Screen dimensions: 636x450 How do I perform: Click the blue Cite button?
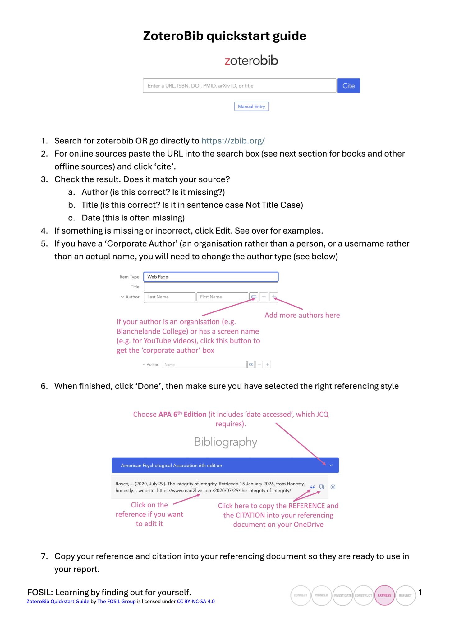pyautogui.click(x=348, y=86)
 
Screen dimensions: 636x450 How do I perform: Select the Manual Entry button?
pyautogui.click(x=251, y=107)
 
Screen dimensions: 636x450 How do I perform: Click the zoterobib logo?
pyautogui.click(x=251, y=60)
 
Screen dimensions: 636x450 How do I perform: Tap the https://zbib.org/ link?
pyautogui.click(x=233, y=141)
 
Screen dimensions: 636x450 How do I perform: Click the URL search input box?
pyautogui.click(x=239, y=86)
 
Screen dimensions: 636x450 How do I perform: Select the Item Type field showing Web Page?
pyautogui.click(x=211, y=277)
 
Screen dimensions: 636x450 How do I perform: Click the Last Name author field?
pyautogui.click(x=169, y=297)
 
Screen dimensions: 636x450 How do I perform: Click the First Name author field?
pyautogui.click(x=222, y=297)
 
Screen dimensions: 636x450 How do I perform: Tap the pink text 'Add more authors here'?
pyautogui.click(x=302, y=315)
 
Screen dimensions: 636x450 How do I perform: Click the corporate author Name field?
pyautogui.click(x=204, y=365)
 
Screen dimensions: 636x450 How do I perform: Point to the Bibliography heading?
pyautogui.click(x=225, y=442)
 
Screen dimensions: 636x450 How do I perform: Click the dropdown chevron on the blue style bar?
pyautogui.click(x=331, y=465)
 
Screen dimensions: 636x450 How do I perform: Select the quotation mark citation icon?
pyautogui.click(x=312, y=487)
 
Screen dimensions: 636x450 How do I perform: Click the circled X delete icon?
pyautogui.click(x=333, y=487)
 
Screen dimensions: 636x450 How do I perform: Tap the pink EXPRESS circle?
pyautogui.click(x=384, y=595)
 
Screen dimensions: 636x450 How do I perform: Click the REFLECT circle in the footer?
pyautogui.click(x=405, y=595)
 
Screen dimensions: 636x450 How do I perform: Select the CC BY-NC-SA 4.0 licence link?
pyautogui.click(x=196, y=602)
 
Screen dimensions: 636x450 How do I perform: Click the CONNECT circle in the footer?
pyautogui.click(x=301, y=595)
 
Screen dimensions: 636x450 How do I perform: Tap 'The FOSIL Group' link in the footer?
pyautogui.click(x=117, y=602)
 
